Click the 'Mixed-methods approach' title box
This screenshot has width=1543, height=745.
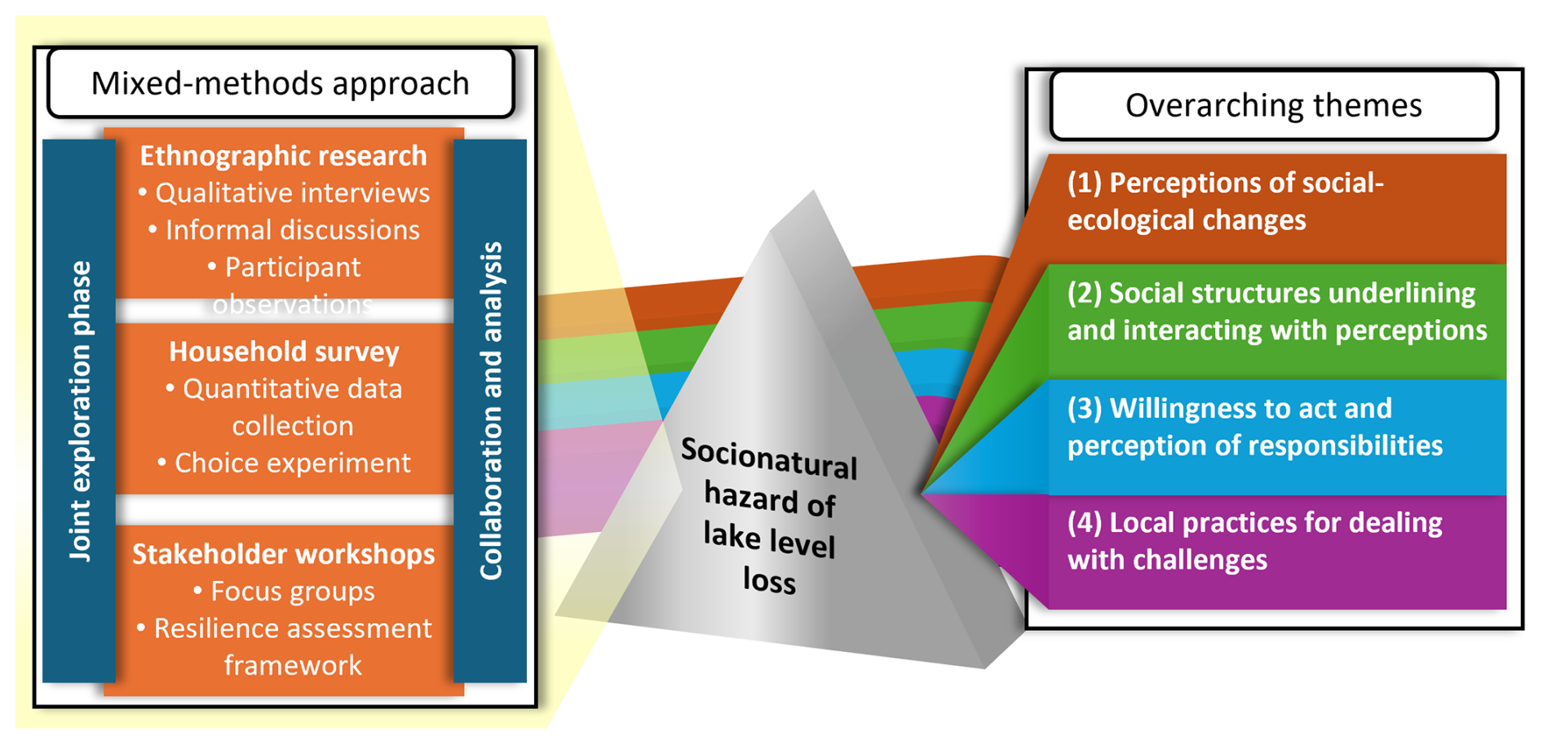[x=281, y=83]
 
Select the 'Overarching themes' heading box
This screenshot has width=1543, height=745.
[x=1273, y=105]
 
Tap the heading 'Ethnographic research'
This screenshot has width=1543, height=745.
[x=283, y=156]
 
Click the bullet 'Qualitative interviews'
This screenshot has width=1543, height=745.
[x=292, y=193]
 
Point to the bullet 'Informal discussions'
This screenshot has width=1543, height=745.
[x=292, y=230]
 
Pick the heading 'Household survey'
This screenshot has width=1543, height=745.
[x=284, y=352]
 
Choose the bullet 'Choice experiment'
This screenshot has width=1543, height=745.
[x=292, y=463]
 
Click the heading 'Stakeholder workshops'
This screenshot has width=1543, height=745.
[x=283, y=554]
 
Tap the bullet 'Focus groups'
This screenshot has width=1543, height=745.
[x=292, y=591]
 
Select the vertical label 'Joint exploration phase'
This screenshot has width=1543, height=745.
[x=79, y=410]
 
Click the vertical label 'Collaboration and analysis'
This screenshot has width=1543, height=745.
[x=490, y=410]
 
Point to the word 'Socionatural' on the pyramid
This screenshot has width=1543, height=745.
[x=768, y=458]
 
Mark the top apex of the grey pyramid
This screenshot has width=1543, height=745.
[x=812, y=193]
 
